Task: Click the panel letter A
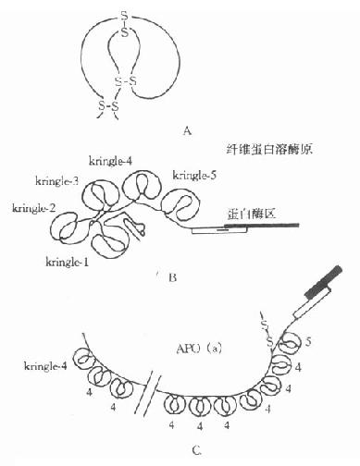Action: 187,130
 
